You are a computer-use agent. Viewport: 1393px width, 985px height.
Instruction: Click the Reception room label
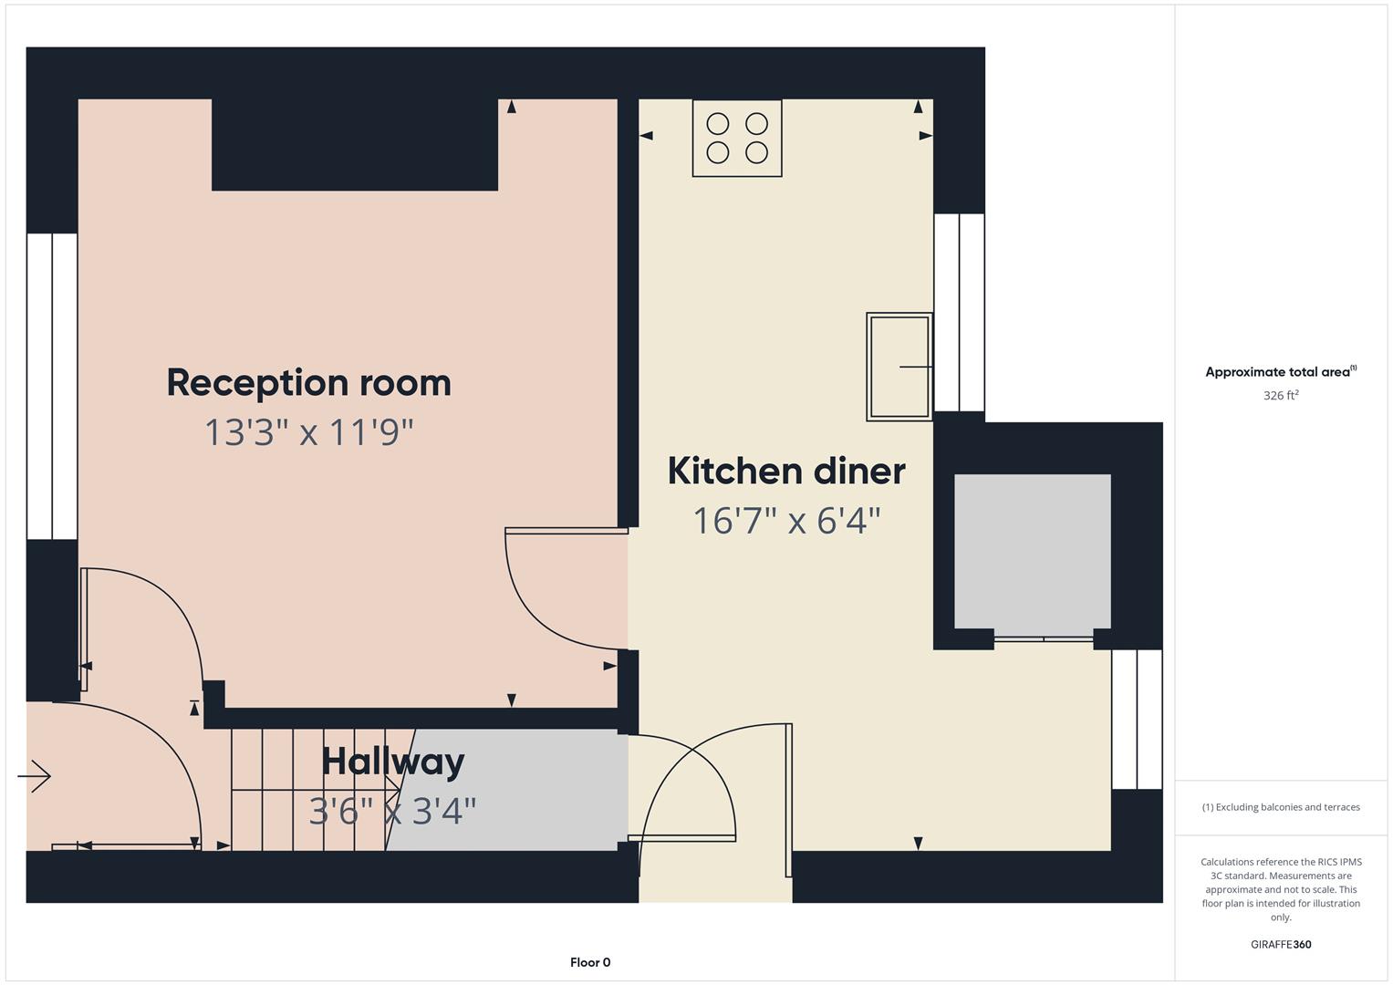[x=309, y=382]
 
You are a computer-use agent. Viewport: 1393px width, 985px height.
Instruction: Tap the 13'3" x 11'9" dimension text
[x=309, y=432]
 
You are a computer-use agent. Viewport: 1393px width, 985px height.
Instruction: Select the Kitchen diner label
[x=786, y=472]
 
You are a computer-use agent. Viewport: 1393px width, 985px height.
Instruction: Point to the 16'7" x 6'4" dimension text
[x=786, y=521]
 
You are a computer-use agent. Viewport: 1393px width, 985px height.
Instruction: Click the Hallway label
[x=393, y=762]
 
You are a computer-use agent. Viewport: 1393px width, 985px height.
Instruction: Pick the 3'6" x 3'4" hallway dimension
[x=392, y=812]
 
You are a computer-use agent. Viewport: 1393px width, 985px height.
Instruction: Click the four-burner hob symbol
[x=737, y=138]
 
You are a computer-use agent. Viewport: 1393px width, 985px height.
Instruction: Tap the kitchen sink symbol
[x=899, y=367]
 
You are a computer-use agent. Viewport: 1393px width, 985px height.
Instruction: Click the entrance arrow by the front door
[x=34, y=776]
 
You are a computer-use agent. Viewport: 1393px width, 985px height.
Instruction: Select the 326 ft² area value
[x=1281, y=396]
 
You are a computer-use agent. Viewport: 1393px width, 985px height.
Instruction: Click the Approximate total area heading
[x=1281, y=372]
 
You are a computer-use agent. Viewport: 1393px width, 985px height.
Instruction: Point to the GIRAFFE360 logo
[x=1281, y=945]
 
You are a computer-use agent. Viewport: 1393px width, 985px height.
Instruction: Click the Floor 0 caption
[x=590, y=962]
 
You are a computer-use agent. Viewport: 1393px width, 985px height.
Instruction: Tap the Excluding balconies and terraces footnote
[x=1281, y=807]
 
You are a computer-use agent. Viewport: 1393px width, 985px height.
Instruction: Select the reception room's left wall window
[x=52, y=386]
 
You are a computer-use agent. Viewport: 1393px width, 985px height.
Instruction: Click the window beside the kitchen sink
[x=959, y=313]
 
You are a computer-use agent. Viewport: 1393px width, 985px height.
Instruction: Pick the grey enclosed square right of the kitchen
[x=1033, y=552]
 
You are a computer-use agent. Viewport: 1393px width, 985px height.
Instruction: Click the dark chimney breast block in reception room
[x=355, y=144]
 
